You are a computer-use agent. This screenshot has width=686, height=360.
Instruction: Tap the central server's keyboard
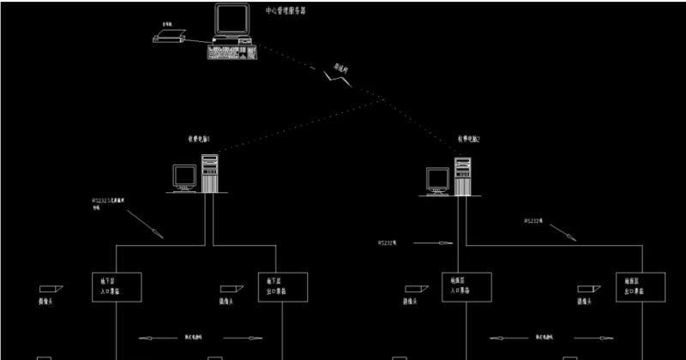[232, 51]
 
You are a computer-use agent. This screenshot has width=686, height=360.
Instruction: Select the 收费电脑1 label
[199, 138]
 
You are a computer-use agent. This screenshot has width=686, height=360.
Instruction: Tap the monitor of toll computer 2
[438, 179]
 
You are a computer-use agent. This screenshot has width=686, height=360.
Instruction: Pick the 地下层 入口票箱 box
[116, 285]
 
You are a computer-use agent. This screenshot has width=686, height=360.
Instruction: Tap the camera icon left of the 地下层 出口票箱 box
[226, 289]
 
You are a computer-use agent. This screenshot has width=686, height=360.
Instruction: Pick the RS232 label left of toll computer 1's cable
[108, 203]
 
